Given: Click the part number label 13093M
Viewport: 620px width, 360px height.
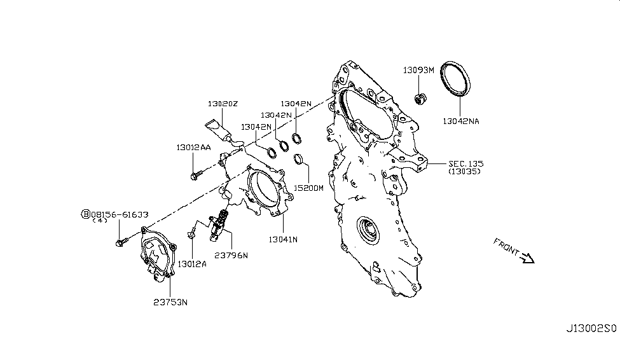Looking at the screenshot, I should click(418, 70).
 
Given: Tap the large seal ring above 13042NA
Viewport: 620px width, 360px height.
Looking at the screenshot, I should click(458, 78).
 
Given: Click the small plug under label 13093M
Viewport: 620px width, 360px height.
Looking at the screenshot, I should click(420, 98).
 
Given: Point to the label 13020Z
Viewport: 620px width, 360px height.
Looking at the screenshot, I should click(222, 103).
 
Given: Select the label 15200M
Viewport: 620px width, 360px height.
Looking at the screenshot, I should click(308, 188).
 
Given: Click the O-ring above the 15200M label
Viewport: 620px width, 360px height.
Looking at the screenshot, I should click(298, 160).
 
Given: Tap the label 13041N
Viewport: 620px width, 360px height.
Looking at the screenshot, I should click(283, 239).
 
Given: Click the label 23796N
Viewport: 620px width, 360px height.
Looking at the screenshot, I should click(231, 255).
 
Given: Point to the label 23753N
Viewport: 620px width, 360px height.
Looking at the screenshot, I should click(171, 302).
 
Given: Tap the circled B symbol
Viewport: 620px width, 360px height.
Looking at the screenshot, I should click(86, 214).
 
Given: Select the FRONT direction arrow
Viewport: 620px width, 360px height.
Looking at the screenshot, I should click(527, 257).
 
